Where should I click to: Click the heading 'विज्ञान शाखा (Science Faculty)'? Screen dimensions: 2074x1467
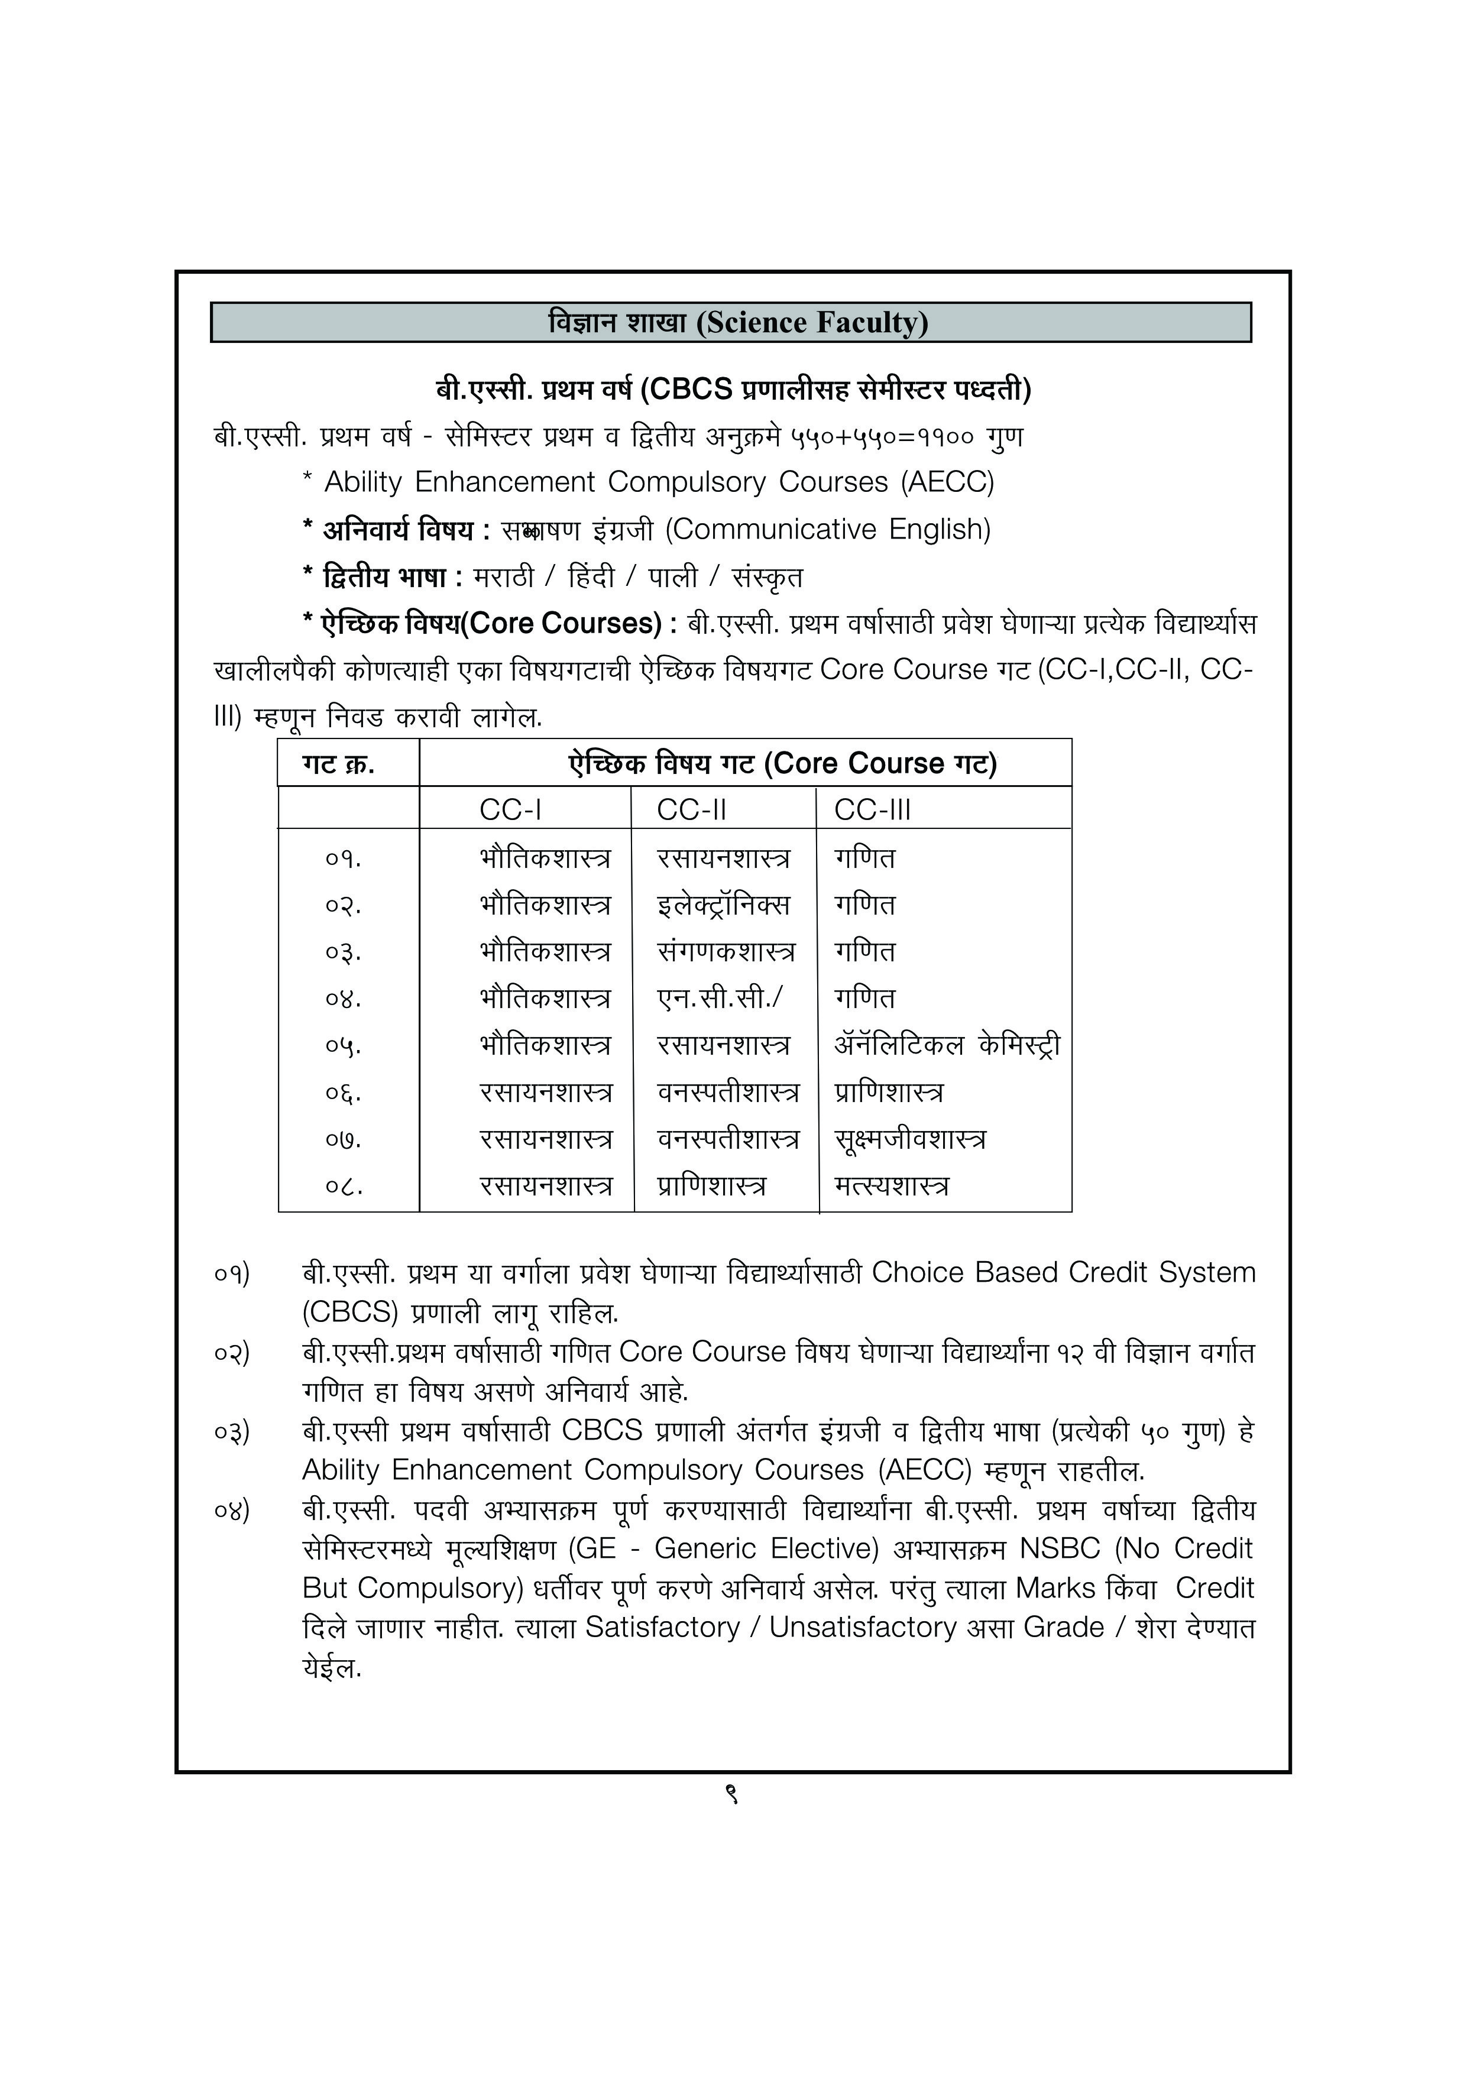click(x=737, y=322)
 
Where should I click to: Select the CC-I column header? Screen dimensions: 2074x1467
click(x=510, y=809)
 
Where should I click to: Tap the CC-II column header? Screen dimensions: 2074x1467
click(x=691, y=809)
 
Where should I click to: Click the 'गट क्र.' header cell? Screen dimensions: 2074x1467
click(x=339, y=764)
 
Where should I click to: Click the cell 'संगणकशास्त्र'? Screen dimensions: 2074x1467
click(x=726, y=952)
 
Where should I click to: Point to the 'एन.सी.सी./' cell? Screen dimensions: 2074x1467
click(x=720, y=998)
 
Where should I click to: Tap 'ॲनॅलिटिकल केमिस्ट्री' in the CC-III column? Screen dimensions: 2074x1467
click(x=947, y=1045)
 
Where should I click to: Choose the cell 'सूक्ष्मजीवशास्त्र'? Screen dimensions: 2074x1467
click(x=909, y=1139)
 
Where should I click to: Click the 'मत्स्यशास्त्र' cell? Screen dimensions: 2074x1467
click(x=892, y=1186)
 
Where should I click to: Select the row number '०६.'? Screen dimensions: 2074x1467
click(x=344, y=1093)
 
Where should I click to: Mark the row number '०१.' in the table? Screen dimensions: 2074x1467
click(x=344, y=858)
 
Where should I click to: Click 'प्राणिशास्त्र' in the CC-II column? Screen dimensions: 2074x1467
click(x=712, y=1186)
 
